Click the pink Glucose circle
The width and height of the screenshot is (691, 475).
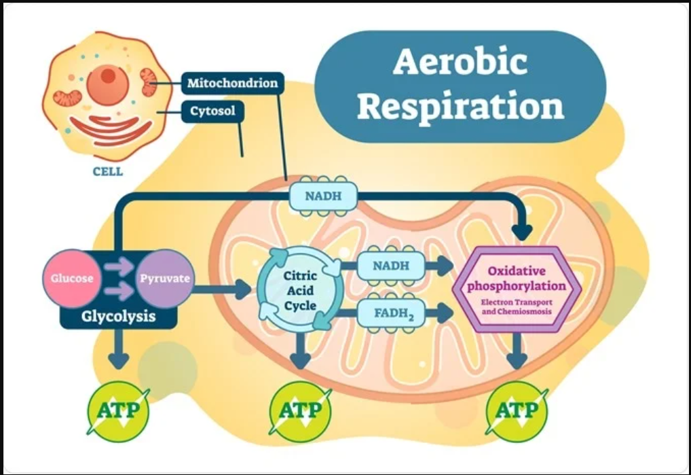(x=69, y=278)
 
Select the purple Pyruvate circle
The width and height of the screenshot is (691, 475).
(x=165, y=278)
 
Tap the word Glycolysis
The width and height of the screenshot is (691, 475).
(x=119, y=317)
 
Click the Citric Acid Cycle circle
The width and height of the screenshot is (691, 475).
(x=300, y=291)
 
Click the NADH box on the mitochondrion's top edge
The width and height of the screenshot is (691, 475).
(x=322, y=196)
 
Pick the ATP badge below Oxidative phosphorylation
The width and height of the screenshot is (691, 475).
(x=517, y=410)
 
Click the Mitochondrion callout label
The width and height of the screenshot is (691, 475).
(x=232, y=84)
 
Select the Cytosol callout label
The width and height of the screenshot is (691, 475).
(x=212, y=110)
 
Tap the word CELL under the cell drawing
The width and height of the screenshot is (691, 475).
(x=107, y=171)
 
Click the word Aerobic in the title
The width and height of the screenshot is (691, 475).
(x=460, y=63)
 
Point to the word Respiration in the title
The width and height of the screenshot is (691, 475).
(x=461, y=107)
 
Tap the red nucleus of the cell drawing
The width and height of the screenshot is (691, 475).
(x=107, y=77)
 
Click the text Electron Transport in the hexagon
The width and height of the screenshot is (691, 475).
(x=517, y=302)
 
